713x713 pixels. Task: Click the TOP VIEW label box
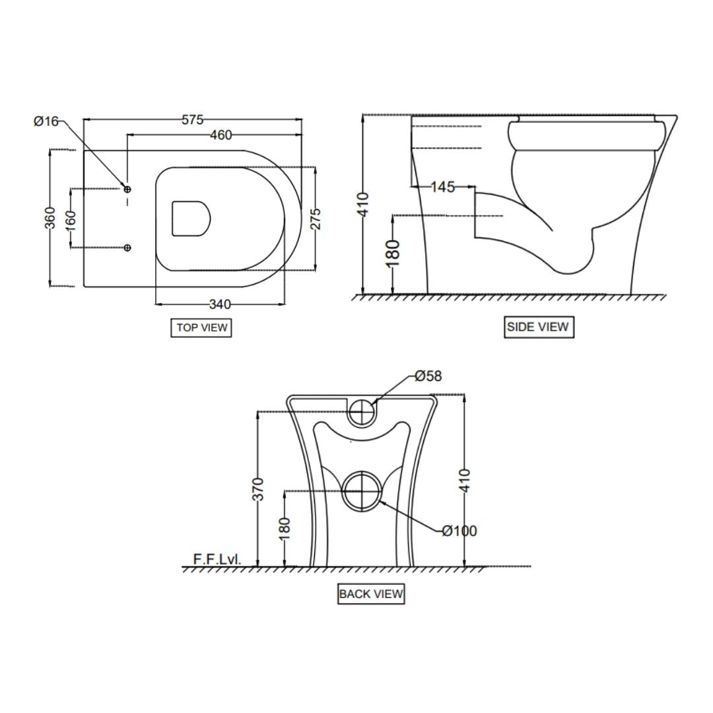(x=201, y=327)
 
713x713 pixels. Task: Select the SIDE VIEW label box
(x=537, y=327)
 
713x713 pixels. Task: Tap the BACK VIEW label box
(x=370, y=594)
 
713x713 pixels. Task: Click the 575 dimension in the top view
(x=192, y=120)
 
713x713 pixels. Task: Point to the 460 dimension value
(x=221, y=135)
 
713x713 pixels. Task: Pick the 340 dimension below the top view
(x=220, y=304)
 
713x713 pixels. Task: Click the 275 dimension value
(x=315, y=219)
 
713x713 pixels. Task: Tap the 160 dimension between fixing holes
(x=71, y=219)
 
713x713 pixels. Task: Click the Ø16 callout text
(x=46, y=121)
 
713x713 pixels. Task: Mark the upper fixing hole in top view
(x=127, y=189)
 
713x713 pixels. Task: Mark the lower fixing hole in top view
(x=127, y=248)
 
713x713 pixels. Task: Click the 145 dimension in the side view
(x=442, y=187)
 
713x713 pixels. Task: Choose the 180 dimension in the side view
(x=393, y=254)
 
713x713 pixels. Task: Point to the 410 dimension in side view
(x=362, y=205)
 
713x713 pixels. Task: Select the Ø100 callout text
(x=459, y=531)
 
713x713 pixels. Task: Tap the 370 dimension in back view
(x=258, y=489)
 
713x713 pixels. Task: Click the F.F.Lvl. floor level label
(x=217, y=559)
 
